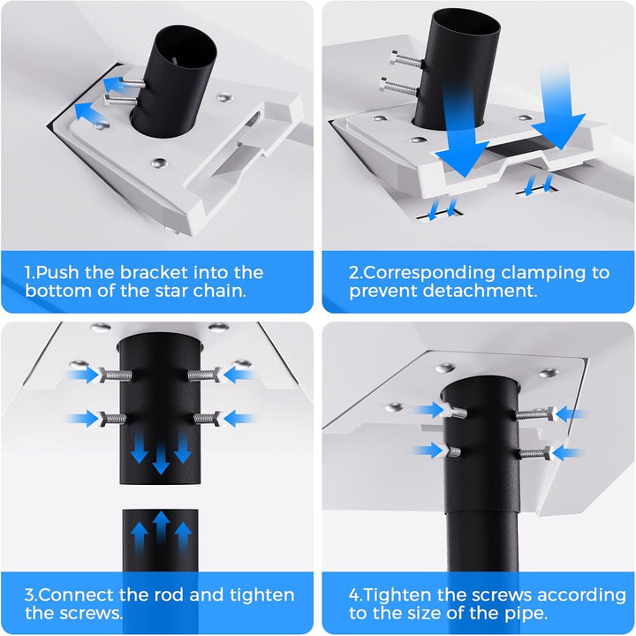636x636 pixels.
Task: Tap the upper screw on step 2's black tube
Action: click(406, 60)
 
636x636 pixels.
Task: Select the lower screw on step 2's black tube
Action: click(398, 87)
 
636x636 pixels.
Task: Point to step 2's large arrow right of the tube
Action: click(557, 106)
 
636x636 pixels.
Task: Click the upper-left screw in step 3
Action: click(115, 375)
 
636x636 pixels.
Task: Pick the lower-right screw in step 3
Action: click(207, 419)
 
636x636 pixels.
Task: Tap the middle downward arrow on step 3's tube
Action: click(161, 459)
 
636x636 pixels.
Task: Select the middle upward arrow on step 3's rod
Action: click(161, 526)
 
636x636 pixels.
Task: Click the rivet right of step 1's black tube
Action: click(224, 98)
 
